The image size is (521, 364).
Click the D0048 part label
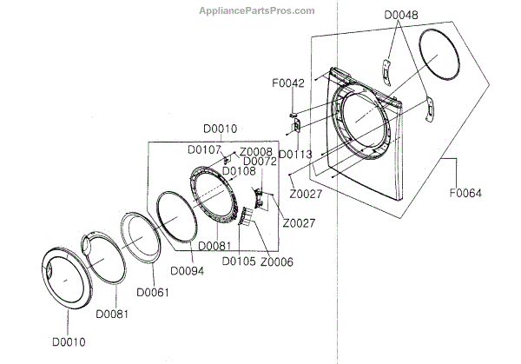point(400,16)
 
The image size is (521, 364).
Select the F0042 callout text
point(287,84)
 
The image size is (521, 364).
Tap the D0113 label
point(296,156)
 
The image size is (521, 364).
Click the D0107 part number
point(204,149)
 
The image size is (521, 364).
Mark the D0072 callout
point(260,162)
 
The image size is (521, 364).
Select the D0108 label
point(239,171)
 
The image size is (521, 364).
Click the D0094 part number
point(187,270)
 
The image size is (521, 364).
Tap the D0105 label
point(239,261)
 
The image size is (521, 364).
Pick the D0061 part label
point(152,292)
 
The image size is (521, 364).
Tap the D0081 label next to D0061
point(113,312)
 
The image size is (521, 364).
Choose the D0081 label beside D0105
point(214,246)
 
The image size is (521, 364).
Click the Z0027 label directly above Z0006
point(298,223)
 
